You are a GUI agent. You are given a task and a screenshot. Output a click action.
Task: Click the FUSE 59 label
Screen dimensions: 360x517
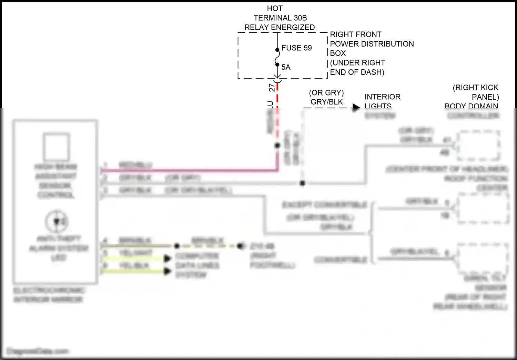296,48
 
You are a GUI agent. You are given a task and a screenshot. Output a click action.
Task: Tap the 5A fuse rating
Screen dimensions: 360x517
286,67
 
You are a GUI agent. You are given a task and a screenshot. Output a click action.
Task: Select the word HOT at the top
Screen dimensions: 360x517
275,8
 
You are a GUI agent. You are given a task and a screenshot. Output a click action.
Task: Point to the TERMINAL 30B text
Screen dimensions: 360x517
280,18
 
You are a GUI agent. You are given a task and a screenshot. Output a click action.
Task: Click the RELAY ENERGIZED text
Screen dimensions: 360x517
280,27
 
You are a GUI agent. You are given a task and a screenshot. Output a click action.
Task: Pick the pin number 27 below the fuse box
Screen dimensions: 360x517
272,87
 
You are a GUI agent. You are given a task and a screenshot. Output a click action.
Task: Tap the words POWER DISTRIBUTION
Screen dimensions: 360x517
372,44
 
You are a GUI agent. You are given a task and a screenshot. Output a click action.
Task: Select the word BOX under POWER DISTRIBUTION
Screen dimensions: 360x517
338,53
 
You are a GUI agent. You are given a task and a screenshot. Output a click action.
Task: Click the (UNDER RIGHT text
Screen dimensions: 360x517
357,63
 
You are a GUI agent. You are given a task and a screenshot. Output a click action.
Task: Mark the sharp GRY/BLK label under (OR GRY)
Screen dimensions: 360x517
327,102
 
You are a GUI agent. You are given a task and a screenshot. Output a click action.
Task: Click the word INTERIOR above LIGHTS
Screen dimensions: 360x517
383,97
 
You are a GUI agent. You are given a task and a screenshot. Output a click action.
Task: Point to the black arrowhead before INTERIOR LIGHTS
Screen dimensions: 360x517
356,107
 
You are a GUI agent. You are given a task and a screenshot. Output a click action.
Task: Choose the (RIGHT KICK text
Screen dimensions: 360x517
475,88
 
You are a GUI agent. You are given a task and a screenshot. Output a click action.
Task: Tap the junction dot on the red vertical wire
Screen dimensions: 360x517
277,146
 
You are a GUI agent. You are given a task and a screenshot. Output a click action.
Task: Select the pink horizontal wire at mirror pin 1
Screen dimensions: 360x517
190,170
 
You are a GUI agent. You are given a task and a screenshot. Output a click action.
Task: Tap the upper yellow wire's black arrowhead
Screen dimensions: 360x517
168,259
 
